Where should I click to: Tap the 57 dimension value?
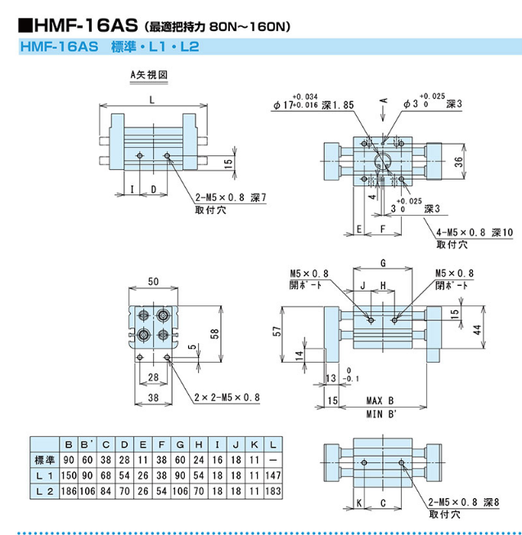(x=278, y=332)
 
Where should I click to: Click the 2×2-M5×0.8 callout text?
(x=227, y=397)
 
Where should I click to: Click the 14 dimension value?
(x=299, y=355)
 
